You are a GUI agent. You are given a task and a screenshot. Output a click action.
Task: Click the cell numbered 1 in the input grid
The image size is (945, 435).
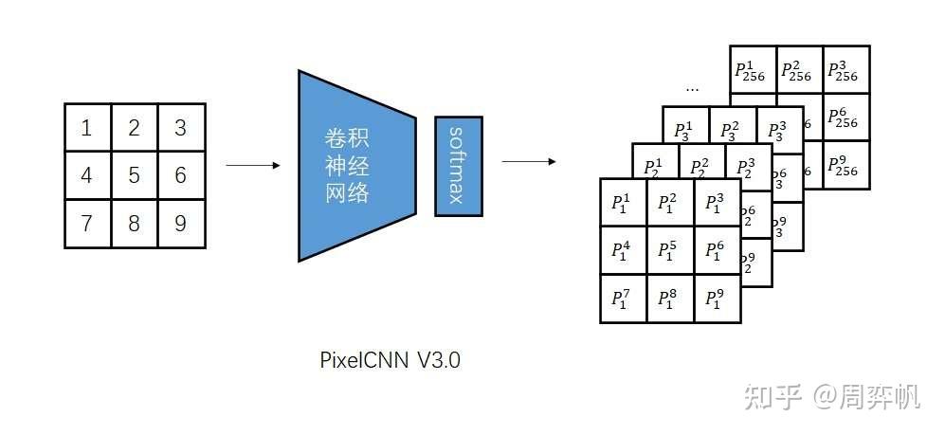pyautogui.click(x=87, y=128)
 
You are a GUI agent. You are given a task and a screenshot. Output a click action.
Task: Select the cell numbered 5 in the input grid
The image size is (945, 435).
pyautogui.click(x=135, y=175)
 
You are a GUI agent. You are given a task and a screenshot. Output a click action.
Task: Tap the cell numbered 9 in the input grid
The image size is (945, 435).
pyautogui.click(x=181, y=224)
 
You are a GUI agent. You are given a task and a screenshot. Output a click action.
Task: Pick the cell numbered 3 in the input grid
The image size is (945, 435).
pyautogui.click(x=181, y=128)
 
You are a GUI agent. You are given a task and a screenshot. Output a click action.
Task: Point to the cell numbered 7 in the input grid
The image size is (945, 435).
pyautogui.click(x=87, y=224)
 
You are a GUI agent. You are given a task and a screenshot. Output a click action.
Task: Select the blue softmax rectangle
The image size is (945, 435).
pyautogui.click(x=458, y=165)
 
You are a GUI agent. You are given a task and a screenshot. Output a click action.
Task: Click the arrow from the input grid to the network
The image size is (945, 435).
pyautogui.click(x=253, y=166)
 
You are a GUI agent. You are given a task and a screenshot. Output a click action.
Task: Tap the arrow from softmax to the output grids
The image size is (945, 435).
pyautogui.click(x=528, y=162)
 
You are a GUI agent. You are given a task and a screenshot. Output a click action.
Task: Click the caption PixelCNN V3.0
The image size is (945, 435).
pyautogui.click(x=391, y=360)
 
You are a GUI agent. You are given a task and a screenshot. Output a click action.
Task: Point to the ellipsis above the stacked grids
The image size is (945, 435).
pyautogui.click(x=692, y=89)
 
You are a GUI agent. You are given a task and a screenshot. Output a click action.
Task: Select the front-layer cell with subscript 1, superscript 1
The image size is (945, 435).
pyautogui.click(x=624, y=202)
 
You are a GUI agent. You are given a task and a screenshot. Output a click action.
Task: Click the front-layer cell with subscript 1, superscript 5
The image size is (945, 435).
pyautogui.click(x=670, y=250)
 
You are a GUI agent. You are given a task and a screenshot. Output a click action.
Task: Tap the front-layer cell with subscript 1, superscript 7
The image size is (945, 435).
pyautogui.click(x=624, y=299)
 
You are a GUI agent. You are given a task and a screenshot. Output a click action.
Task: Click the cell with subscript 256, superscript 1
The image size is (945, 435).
pyautogui.click(x=753, y=69)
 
